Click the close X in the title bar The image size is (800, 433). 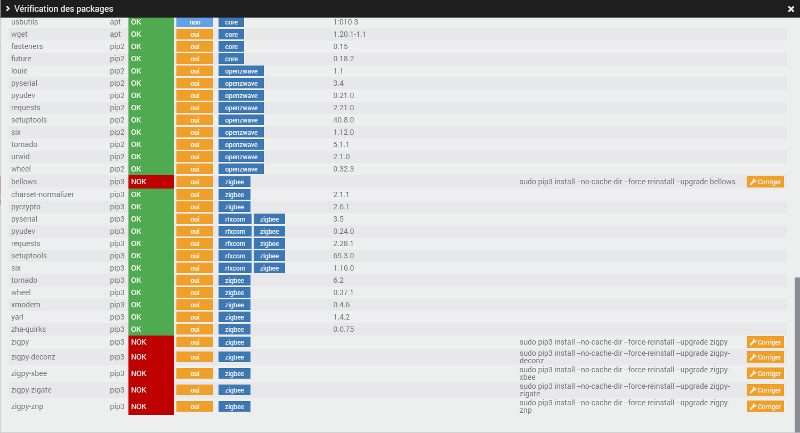pos(791,9)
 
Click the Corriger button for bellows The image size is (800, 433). pos(765,182)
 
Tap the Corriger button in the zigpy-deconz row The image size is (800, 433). pos(765,357)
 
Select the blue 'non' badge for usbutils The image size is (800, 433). pos(195,22)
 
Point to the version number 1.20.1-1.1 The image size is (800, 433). pos(349,35)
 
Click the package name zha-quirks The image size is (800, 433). pos(28,330)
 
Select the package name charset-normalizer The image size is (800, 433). pos(43,195)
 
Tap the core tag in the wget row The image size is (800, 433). pos(231,35)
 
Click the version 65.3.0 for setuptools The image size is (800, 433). pos(343,256)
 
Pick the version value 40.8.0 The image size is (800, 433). pos(343,120)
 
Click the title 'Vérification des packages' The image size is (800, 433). pos(63,9)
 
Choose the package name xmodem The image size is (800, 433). pos(26,305)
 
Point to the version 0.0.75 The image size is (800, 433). pos(343,330)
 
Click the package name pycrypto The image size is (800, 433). pos(26,207)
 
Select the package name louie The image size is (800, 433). pos(19,71)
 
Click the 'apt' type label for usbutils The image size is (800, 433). pos(115,22)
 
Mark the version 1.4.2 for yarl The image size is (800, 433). pos(341,317)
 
